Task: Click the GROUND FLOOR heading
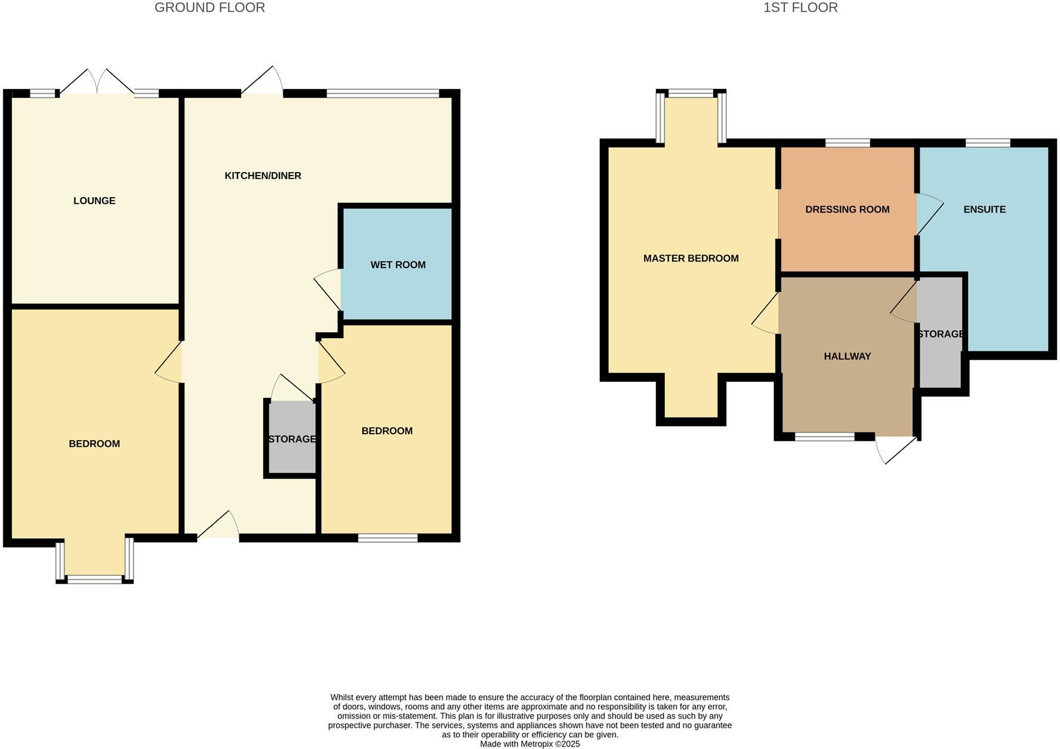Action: point(209,8)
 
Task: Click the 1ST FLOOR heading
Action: point(800,8)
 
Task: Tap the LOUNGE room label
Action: point(94,201)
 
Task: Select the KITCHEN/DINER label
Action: point(263,176)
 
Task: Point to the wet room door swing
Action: point(328,289)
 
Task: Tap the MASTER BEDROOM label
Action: point(691,258)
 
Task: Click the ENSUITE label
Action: point(984,210)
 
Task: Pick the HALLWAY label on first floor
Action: point(847,356)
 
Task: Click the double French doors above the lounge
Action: point(97,82)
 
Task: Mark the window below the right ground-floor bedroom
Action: point(387,538)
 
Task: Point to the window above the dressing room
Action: point(847,143)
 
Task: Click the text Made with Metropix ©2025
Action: point(529,744)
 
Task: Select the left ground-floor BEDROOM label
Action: point(94,444)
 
